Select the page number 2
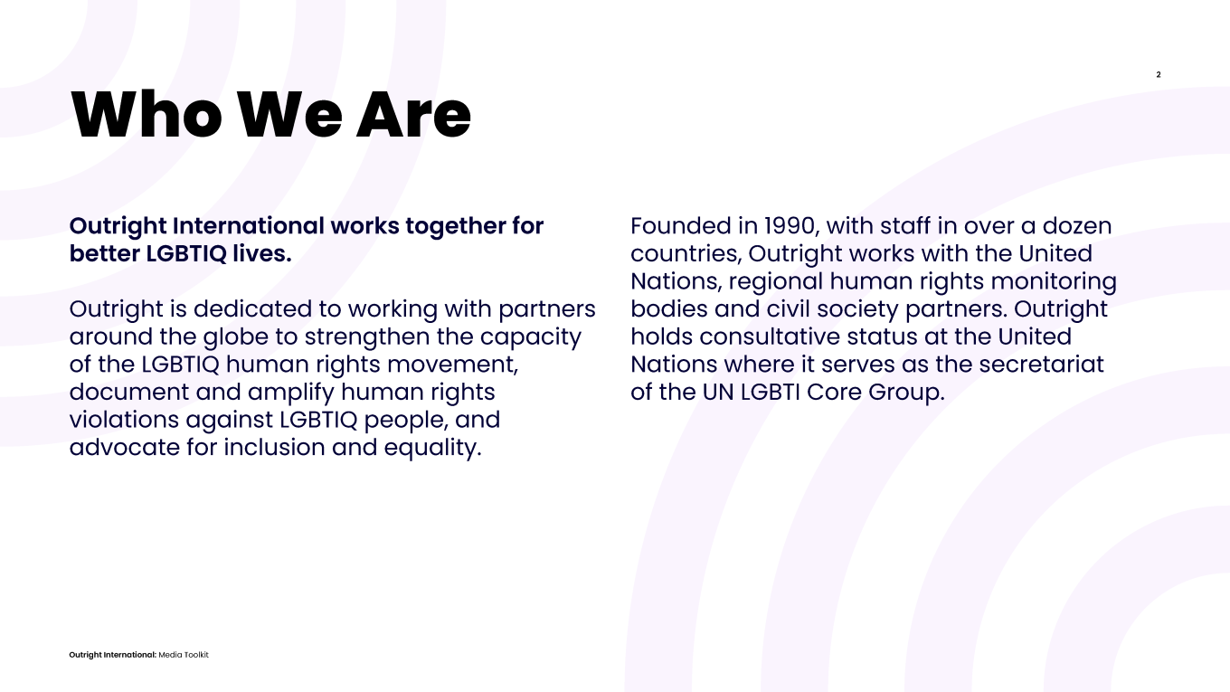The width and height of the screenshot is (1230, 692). [1158, 75]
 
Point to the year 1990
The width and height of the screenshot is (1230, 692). [789, 226]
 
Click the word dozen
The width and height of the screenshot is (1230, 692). [1077, 226]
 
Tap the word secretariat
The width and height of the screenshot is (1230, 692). [1041, 365]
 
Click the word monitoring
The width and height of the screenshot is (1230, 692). [1054, 281]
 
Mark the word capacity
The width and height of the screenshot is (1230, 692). [530, 337]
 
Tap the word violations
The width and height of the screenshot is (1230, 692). [124, 420]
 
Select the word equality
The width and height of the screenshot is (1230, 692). [432, 448]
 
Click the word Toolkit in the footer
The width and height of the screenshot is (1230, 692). [196, 655]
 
